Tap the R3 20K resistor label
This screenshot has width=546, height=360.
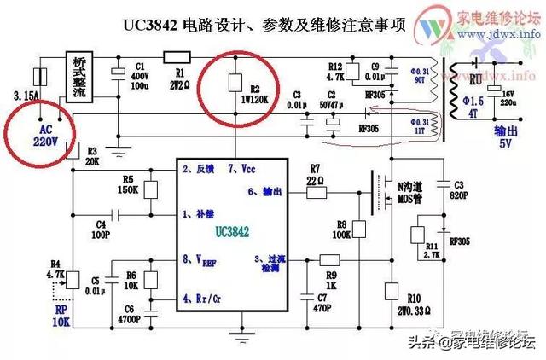click(x=92, y=156)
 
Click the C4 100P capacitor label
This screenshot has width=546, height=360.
click(x=101, y=228)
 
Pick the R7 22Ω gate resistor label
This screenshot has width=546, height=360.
click(x=316, y=174)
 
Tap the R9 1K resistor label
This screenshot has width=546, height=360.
click(x=331, y=277)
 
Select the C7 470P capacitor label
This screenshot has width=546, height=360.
click(x=322, y=302)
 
